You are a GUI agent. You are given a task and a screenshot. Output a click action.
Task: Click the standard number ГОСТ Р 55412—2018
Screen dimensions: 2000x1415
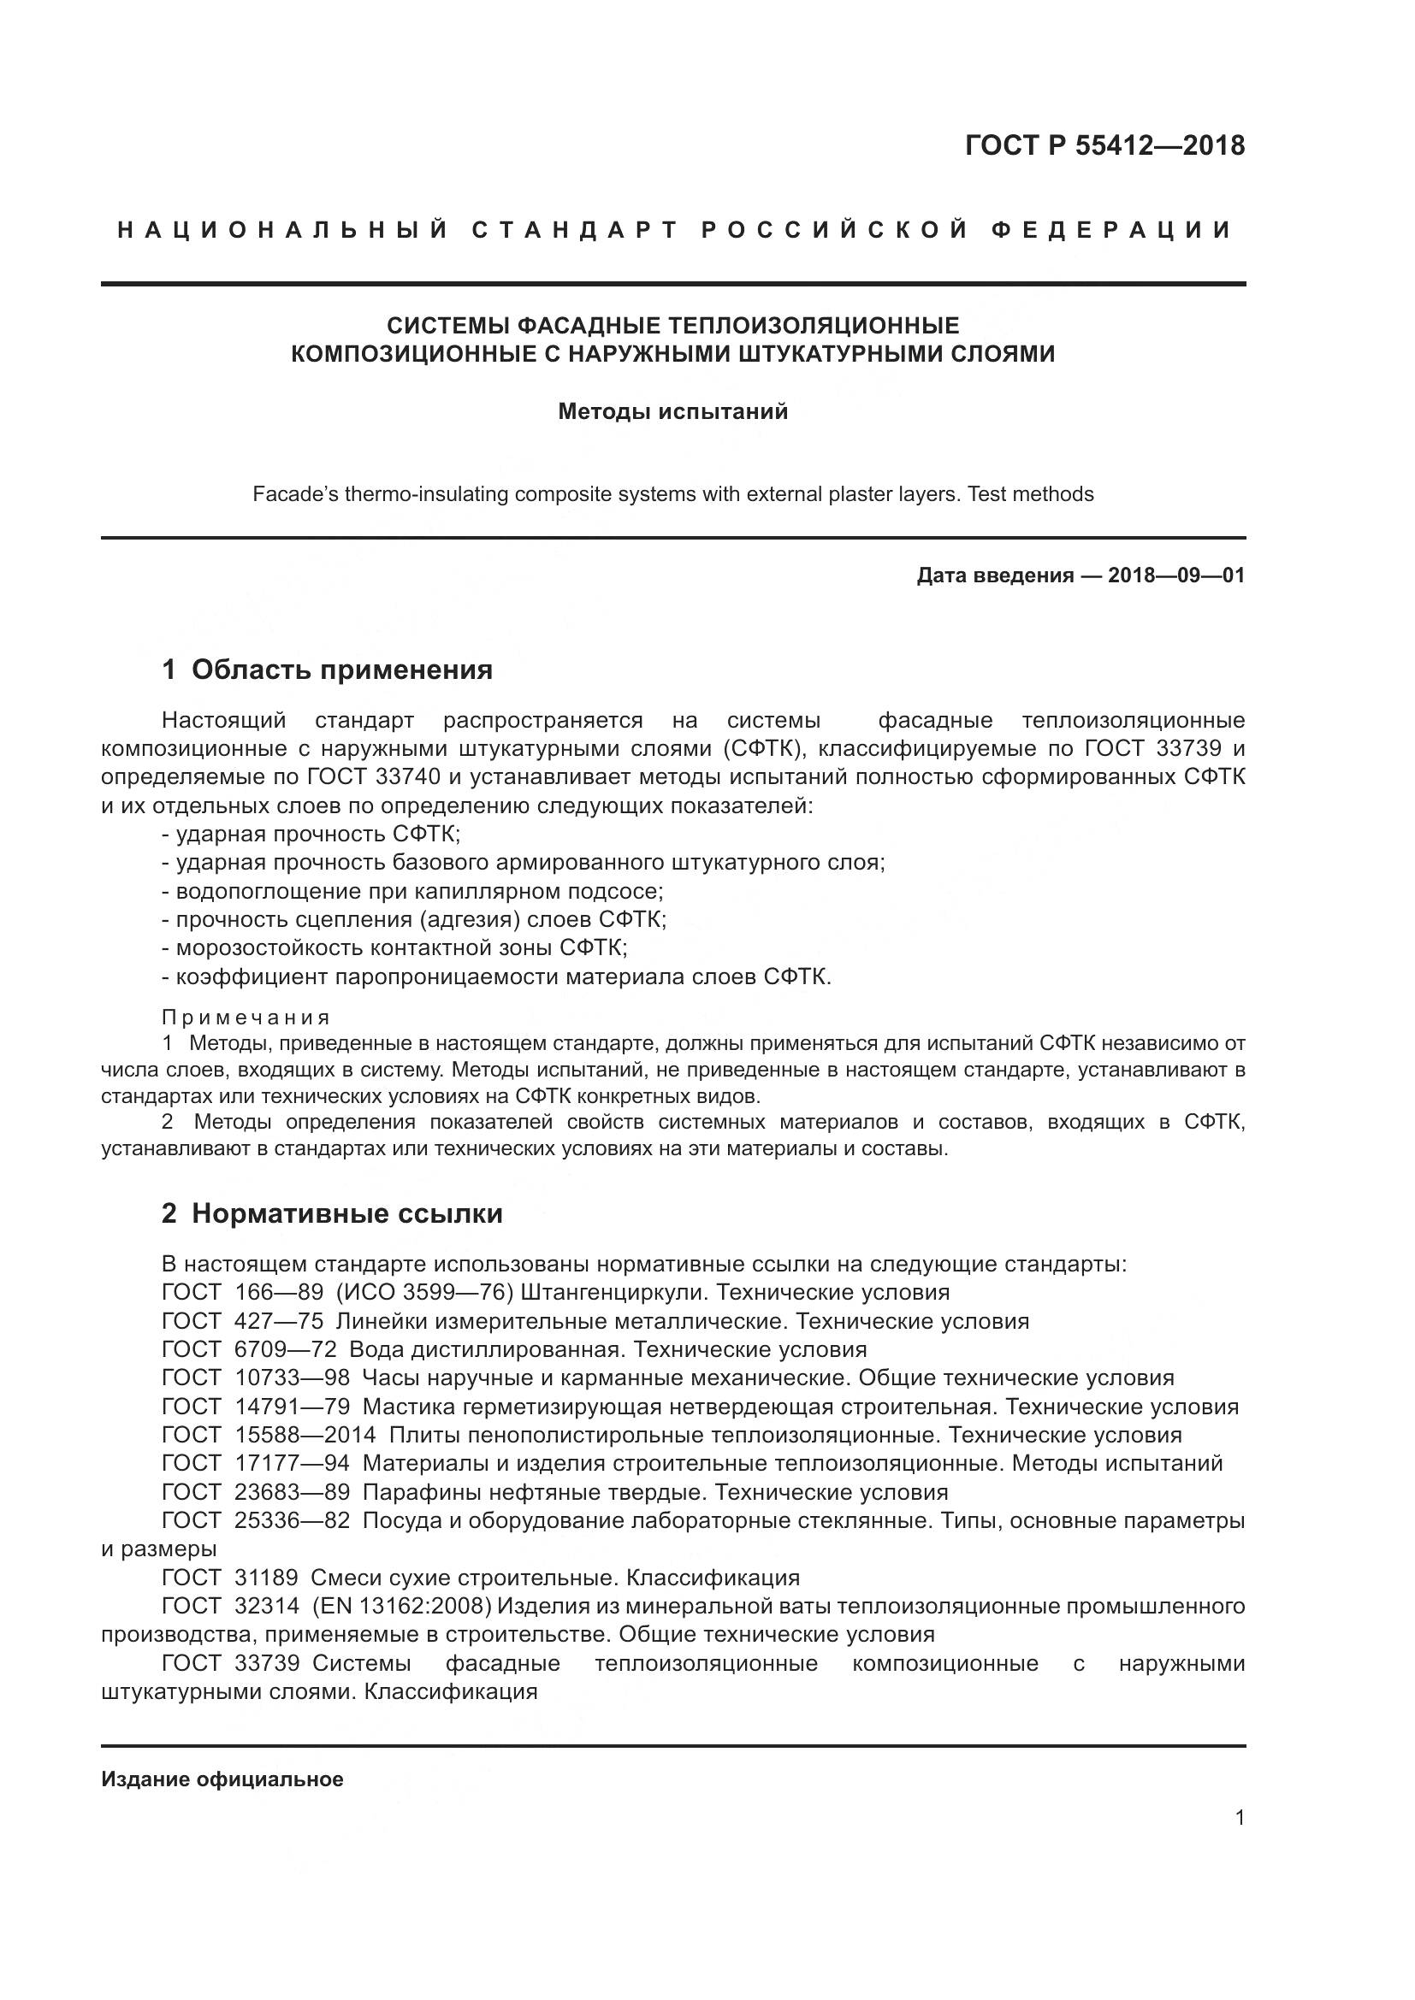(1104, 145)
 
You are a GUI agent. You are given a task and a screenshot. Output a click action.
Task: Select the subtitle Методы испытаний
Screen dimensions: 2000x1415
(672, 411)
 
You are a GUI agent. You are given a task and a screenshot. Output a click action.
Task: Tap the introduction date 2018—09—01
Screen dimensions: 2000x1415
(1176, 575)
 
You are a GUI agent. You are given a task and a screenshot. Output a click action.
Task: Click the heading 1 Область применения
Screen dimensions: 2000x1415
(327, 670)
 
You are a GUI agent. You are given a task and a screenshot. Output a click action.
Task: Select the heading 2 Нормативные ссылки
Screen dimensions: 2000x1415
(332, 1213)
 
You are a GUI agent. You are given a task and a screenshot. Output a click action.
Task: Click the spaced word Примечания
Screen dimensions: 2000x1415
(246, 1018)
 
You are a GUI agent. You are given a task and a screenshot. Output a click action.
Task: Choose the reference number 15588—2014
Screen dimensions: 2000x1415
(305, 1435)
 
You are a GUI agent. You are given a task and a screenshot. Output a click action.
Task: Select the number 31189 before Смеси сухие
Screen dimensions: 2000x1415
(267, 1578)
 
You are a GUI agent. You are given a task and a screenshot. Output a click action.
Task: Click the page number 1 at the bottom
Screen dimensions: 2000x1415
(1240, 1818)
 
